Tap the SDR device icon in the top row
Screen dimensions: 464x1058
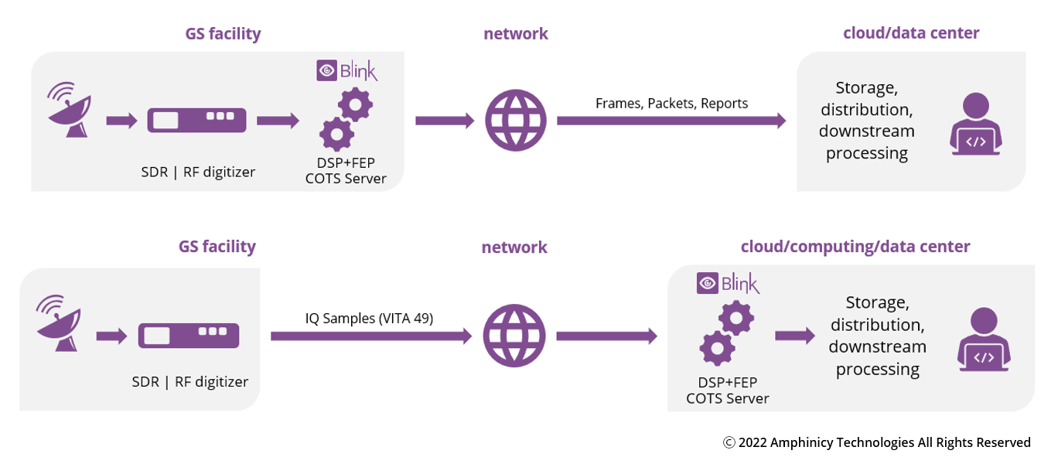click(196, 120)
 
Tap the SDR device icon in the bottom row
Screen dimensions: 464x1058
click(188, 335)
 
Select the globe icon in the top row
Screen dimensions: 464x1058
click(515, 120)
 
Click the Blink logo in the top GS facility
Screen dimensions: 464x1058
click(346, 71)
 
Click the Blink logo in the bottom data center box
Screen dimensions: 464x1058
click(728, 283)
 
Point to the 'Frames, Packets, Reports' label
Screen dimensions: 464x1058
click(671, 103)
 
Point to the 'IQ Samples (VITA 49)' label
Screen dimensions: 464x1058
click(369, 318)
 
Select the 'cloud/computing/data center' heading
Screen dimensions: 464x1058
click(855, 246)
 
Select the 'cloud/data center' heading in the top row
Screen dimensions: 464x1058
click(911, 32)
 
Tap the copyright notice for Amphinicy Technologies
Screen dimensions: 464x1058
click(876, 442)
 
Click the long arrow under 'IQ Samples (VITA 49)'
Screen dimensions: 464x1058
click(370, 336)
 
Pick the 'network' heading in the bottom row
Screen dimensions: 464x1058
click(514, 247)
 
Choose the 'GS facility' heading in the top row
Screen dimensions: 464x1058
click(223, 33)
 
